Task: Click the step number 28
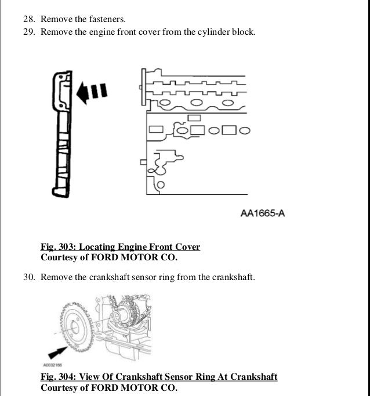(x=29, y=19)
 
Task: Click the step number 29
(x=29, y=32)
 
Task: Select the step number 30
(x=29, y=277)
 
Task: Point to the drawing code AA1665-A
(x=263, y=214)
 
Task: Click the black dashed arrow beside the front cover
(x=93, y=91)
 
